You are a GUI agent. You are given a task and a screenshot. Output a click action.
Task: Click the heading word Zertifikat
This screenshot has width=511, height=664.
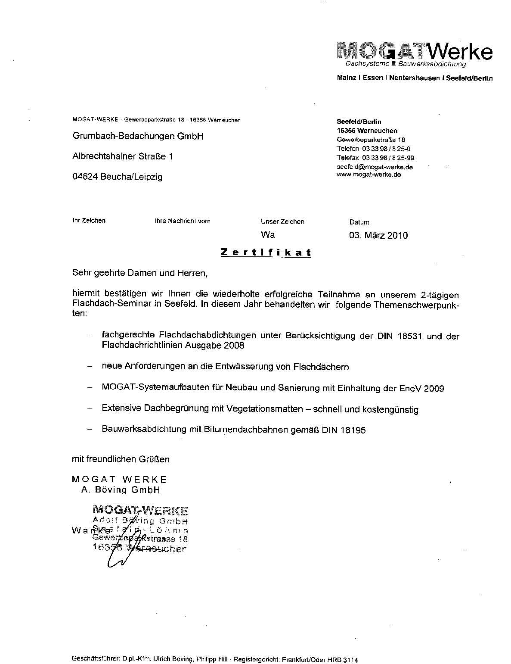[266, 253]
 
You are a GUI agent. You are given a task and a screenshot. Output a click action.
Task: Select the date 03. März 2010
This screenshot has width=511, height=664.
[378, 235]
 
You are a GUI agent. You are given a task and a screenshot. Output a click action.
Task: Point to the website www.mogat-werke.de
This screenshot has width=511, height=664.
[369, 175]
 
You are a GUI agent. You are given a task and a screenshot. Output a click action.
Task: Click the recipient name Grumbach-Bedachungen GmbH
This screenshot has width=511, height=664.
[138, 137]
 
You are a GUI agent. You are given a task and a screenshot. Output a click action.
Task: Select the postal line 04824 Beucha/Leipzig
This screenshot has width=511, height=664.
[117, 177]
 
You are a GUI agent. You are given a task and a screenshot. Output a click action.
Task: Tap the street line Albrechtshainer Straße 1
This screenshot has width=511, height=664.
[122, 156]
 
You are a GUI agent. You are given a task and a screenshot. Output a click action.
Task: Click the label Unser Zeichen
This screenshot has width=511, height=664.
[282, 221]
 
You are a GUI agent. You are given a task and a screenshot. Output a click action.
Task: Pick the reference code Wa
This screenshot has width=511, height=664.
[267, 235]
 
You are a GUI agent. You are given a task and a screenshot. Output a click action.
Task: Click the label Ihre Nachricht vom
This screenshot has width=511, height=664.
[183, 221]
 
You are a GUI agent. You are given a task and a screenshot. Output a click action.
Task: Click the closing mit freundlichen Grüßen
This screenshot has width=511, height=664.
[121, 459]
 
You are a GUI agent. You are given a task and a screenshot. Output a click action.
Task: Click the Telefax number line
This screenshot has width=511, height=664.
[375, 158]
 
